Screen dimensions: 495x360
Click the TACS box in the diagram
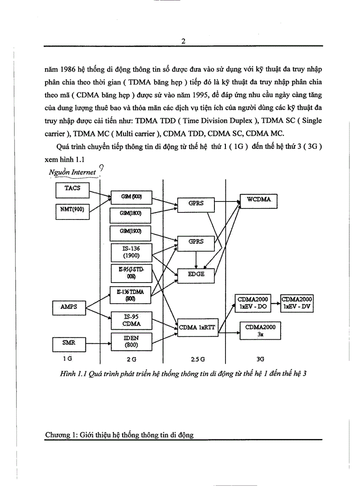[72, 190]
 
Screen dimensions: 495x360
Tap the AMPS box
[68, 306]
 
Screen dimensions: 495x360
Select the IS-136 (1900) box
[131, 252]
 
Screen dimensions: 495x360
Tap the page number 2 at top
[183, 41]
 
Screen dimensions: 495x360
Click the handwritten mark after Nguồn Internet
[101, 168]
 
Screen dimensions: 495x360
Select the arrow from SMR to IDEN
[97, 341]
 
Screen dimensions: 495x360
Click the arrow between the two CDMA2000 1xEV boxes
[277, 304]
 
